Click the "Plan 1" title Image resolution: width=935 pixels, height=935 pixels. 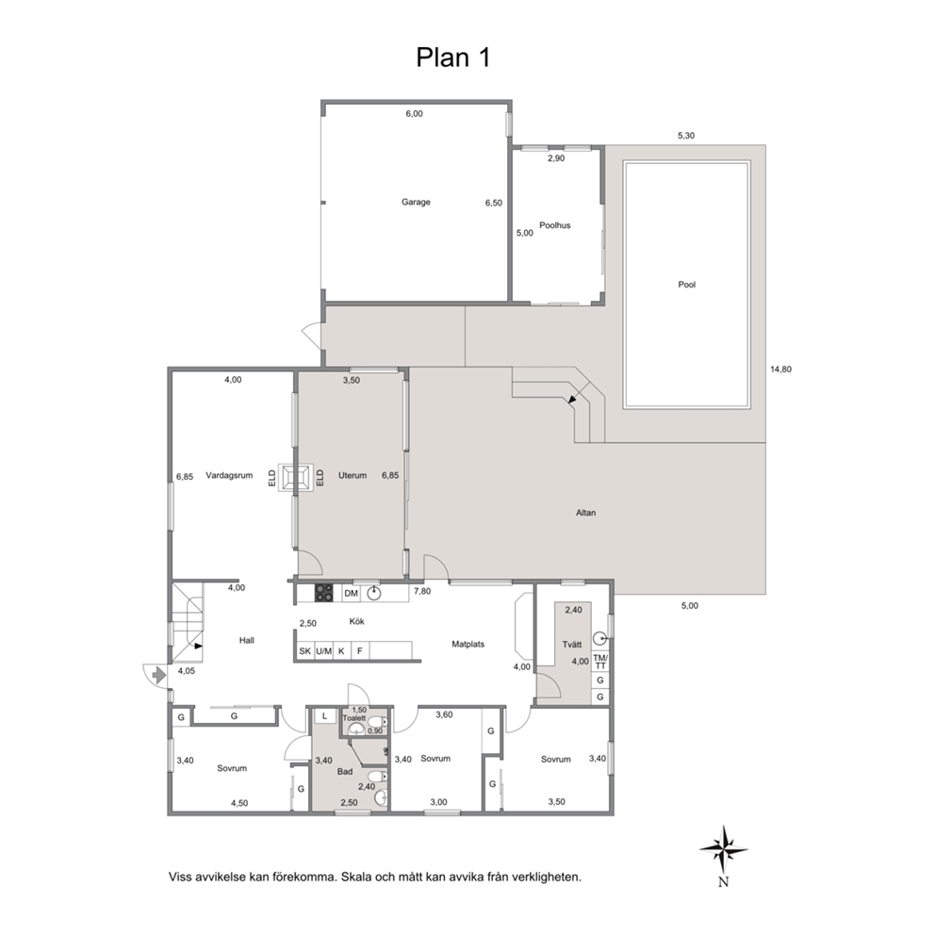pos(453,57)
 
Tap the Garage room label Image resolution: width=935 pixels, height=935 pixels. pos(416,202)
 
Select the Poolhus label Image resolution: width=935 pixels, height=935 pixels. pos(554,225)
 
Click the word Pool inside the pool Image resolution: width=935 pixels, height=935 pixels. pos(687,285)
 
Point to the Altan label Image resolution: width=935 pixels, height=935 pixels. pos(585,512)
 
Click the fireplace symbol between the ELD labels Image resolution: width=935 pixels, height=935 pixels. pos(296,478)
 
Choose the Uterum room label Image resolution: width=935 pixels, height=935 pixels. pos(353,475)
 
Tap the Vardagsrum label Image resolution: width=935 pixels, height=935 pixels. pos(229,475)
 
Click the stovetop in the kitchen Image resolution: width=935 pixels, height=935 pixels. pos(324,593)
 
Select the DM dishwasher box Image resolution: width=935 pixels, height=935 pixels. pos(352,593)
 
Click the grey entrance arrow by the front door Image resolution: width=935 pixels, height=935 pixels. pos(158,675)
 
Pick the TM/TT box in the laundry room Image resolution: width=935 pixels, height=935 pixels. pos(599,662)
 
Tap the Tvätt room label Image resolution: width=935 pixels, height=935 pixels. pos(572,645)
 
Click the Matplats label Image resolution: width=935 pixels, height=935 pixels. pos(468,644)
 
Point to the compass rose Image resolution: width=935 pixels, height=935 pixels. pos(723,849)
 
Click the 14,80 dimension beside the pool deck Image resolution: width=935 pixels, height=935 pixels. pos(780,369)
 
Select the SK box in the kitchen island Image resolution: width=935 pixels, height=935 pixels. pos(304,651)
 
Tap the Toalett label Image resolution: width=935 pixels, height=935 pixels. pos(354,718)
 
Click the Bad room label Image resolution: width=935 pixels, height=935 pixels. pos(345,772)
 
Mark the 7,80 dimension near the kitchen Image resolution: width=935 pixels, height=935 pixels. pos(422,591)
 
